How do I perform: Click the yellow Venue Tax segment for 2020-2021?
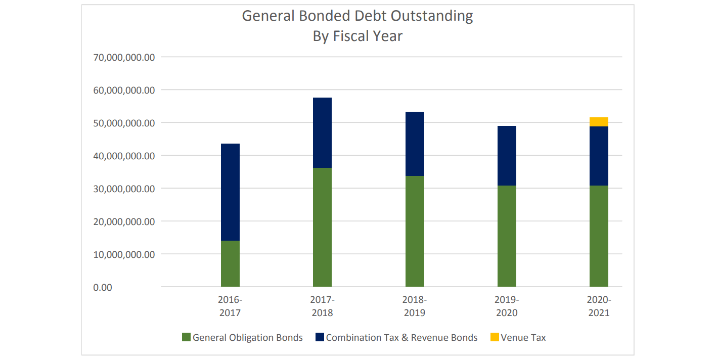click(x=599, y=122)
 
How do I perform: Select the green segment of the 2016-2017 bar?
click(x=230, y=263)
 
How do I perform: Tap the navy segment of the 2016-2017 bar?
click(x=230, y=192)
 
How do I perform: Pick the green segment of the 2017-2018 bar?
click(x=322, y=227)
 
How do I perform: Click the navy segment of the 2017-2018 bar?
click(x=322, y=132)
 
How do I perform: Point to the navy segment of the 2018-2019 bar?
click(x=415, y=144)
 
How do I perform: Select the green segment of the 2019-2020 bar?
click(x=507, y=236)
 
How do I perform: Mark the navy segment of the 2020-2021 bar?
click(x=599, y=156)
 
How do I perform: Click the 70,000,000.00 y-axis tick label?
click(x=124, y=57)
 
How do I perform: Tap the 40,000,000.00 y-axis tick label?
click(x=124, y=156)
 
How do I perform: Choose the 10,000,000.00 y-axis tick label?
click(x=124, y=254)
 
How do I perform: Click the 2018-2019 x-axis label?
click(x=415, y=306)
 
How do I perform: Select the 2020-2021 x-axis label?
click(x=599, y=306)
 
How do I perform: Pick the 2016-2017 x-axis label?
click(x=230, y=306)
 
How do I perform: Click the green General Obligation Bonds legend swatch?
click(x=186, y=337)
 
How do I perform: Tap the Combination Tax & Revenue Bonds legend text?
click(x=401, y=337)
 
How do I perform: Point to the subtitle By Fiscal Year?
click(x=357, y=36)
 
